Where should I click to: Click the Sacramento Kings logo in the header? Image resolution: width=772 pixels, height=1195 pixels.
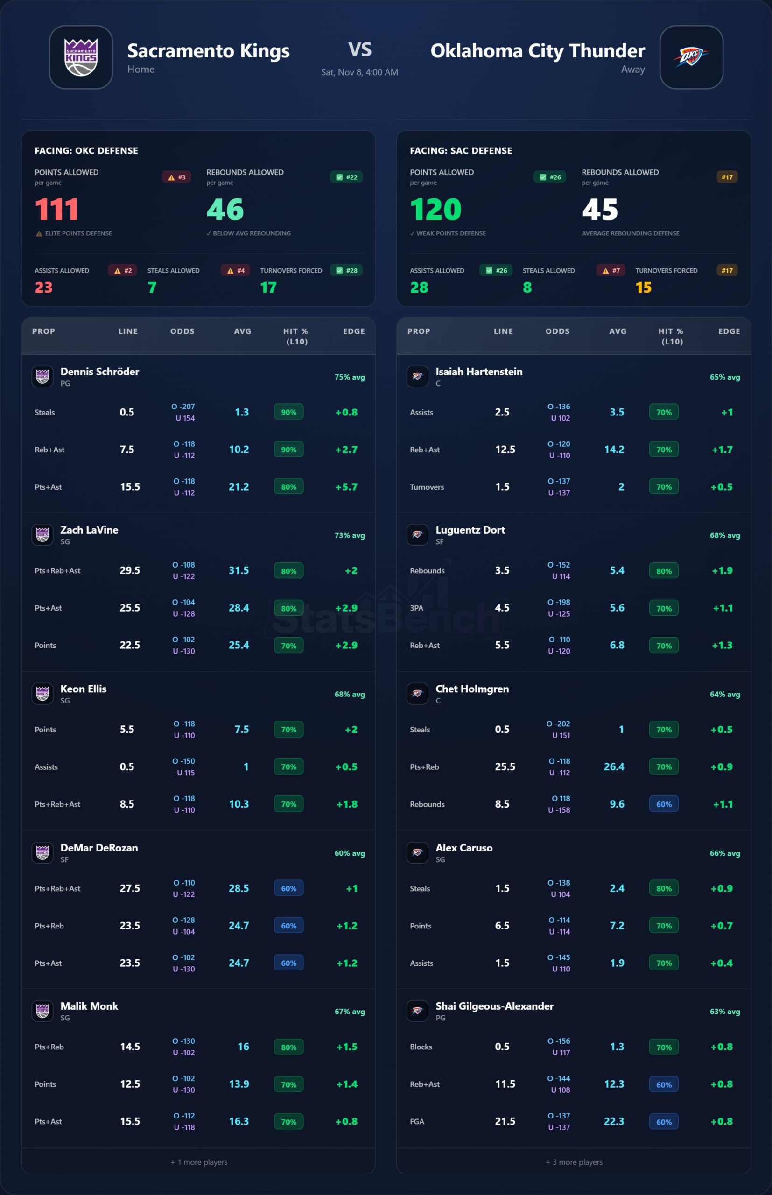[x=81, y=57]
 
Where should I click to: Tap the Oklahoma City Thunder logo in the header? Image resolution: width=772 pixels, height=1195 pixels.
[x=691, y=57]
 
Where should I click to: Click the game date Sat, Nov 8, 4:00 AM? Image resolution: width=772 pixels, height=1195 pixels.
[x=359, y=72]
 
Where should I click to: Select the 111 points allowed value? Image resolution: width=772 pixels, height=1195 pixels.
[x=56, y=210]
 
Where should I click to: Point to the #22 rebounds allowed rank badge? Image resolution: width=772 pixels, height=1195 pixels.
[x=346, y=177]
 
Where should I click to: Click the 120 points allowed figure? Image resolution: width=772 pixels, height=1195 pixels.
[x=435, y=210]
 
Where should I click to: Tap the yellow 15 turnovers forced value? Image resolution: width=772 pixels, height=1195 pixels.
[x=643, y=287]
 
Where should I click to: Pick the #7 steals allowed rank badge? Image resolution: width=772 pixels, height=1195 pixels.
[x=611, y=271]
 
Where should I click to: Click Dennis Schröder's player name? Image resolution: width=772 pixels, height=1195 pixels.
[x=100, y=372]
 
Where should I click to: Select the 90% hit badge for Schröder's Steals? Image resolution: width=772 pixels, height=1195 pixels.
[x=288, y=412]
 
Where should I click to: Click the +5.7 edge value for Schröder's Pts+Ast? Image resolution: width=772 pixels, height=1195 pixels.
[x=346, y=487]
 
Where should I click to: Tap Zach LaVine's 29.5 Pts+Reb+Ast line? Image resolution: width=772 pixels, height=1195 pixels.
[x=130, y=570]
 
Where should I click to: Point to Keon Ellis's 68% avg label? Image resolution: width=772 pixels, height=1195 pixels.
[x=350, y=694]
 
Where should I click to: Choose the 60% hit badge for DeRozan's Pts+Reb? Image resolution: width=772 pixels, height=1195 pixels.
[x=288, y=926]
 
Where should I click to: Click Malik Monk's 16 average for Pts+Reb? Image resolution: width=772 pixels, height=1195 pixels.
[x=243, y=1047]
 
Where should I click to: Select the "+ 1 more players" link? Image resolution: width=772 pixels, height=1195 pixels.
[x=198, y=1162]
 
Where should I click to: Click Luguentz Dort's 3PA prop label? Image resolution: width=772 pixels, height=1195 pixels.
[x=417, y=608]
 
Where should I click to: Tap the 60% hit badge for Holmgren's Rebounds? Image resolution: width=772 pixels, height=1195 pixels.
[x=664, y=804]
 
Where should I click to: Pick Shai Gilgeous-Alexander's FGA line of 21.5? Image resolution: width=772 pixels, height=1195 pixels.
[x=505, y=1121]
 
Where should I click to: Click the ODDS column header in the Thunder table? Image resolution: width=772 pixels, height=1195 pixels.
[x=557, y=331]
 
